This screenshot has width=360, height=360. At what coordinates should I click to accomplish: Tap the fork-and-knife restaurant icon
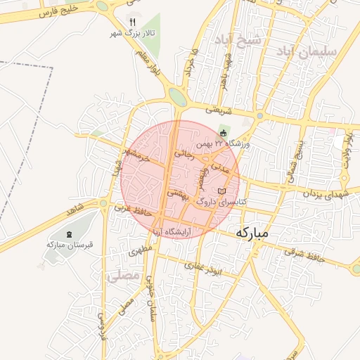click(133, 22)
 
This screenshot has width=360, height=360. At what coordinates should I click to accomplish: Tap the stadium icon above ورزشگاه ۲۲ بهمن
click(224, 131)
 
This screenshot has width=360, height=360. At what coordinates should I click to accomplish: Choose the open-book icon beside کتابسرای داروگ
click(222, 191)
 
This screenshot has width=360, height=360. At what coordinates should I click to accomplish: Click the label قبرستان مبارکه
click(65, 245)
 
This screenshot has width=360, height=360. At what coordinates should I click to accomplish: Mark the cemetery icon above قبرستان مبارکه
click(68, 234)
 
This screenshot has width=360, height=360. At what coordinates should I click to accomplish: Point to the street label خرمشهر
click(135, 155)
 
